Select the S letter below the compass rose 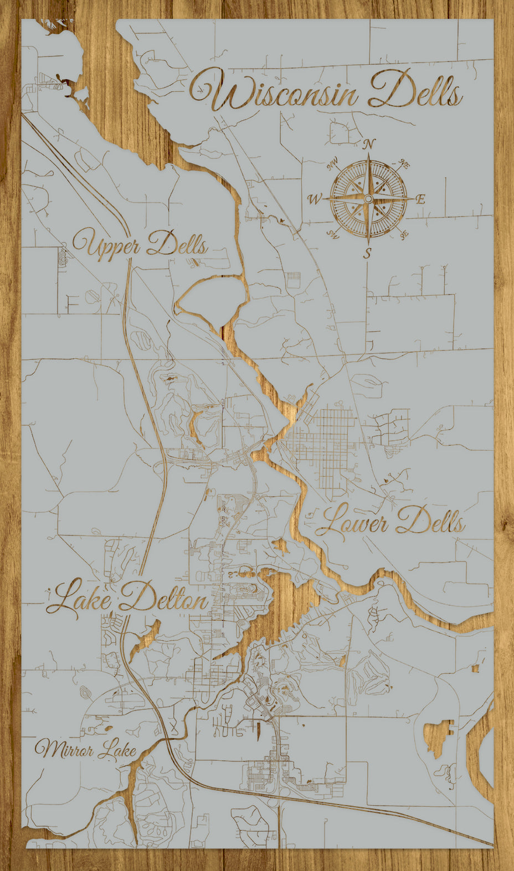[367, 254]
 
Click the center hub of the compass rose [368, 198]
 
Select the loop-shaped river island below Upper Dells [213, 299]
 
